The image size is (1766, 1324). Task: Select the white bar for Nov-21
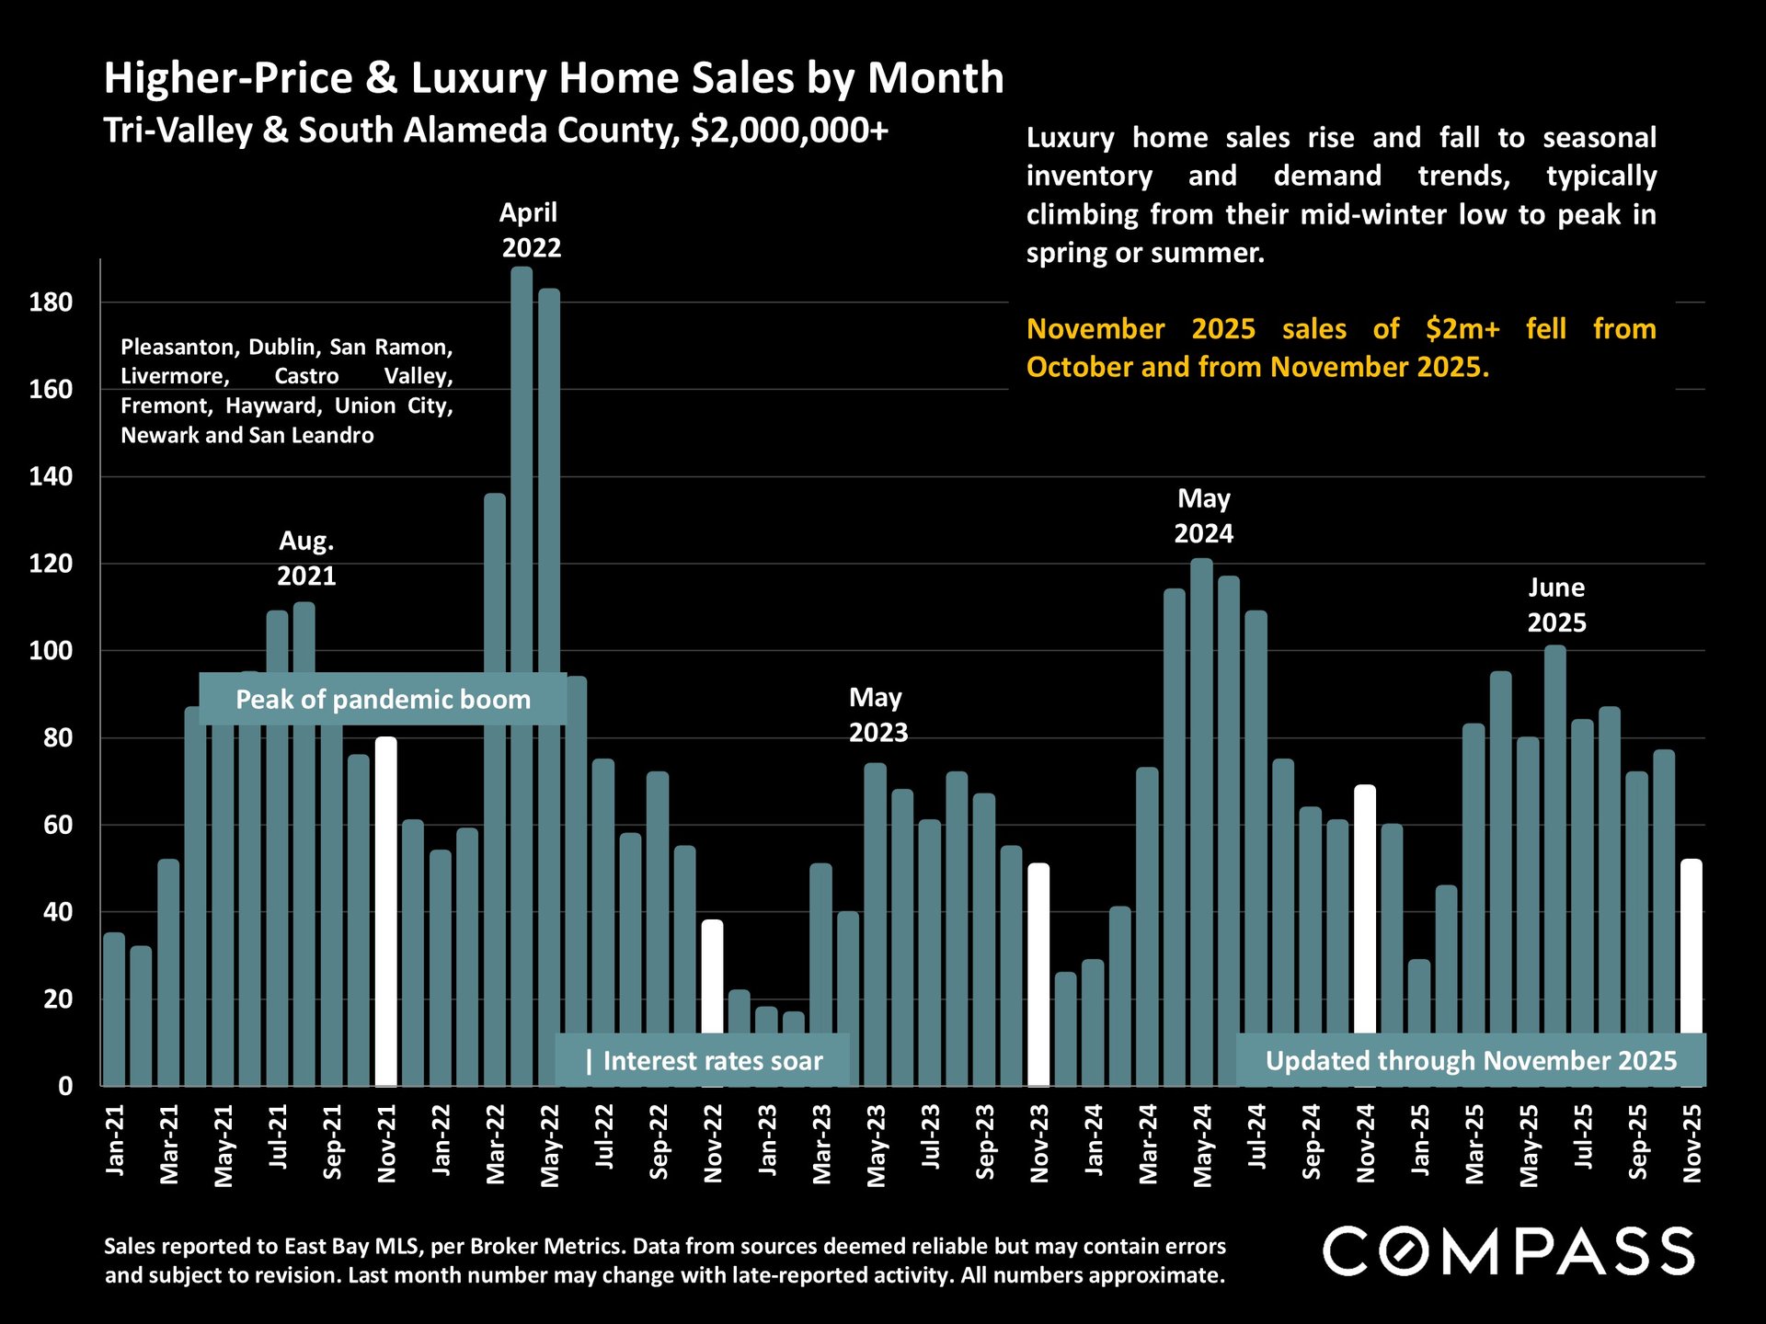coord(386,910)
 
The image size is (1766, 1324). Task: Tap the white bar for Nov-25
coord(1691,947)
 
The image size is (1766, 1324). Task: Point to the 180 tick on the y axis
coord(51,302)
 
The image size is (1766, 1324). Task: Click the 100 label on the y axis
coord(51,651)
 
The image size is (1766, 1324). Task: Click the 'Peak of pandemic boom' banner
coord(383,700)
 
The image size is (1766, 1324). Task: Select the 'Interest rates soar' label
coord(704,1061)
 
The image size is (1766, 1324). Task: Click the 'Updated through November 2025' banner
coord(1471,1061)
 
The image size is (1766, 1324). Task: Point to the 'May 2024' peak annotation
coord(1203,516)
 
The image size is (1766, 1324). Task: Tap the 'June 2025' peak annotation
coord(1556,605)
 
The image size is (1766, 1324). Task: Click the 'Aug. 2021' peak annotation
coord(306,558)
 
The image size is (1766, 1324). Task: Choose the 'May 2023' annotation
coord(877,715)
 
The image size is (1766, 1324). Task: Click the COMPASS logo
coord(1508,1251)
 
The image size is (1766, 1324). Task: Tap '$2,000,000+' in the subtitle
coord(789,131)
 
